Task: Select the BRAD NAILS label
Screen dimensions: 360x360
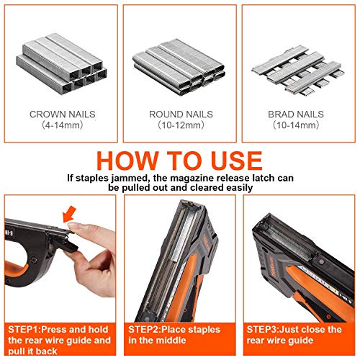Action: click(x=297, y=114)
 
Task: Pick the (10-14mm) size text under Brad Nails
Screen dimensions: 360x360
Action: click(x=297, y=125)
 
